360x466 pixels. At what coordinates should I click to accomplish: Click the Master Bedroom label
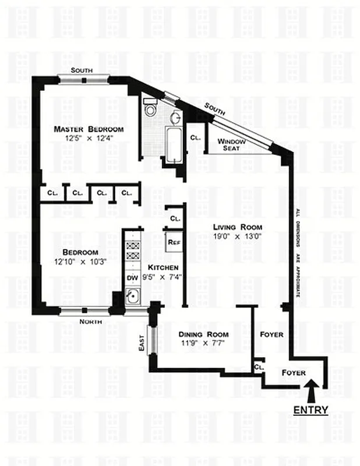click(x=89, y=129)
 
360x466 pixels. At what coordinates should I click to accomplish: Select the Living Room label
click(x=237, y=227)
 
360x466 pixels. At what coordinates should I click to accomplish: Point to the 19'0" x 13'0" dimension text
click(x=237, y=236)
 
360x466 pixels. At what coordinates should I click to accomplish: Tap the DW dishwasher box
click(x=132, y=278)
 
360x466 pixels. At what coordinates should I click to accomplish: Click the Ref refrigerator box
click(x=173, y=242)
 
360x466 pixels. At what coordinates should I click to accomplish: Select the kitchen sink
click(x=132, y=297)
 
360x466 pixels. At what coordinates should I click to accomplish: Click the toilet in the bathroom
click(x=150, y=108)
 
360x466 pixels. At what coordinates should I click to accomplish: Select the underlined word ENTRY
click(x=310, y=410)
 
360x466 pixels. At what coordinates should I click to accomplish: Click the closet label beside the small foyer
click(x=259, y=368)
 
